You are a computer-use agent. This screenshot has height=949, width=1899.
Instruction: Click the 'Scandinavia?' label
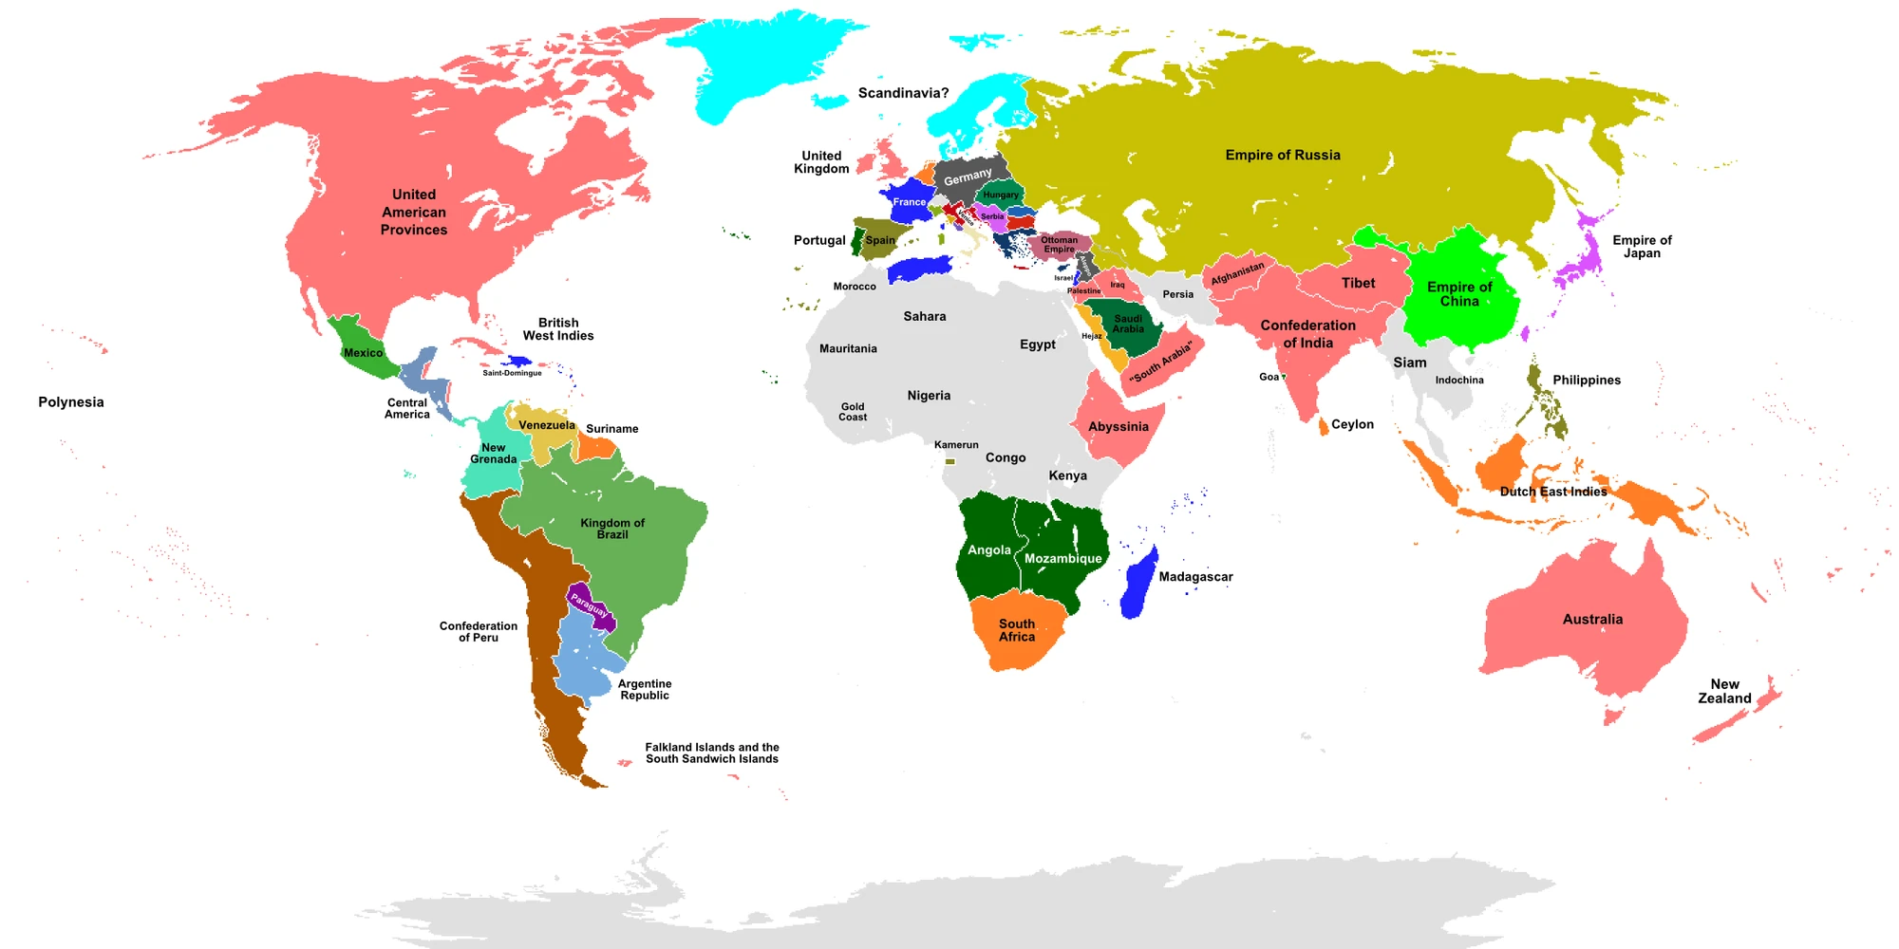(903, 93)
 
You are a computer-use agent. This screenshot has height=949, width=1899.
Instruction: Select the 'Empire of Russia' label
(1282, 155)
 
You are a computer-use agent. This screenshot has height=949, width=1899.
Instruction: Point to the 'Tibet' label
(1358, 283)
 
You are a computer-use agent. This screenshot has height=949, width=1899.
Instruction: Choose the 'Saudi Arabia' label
(1128, 324)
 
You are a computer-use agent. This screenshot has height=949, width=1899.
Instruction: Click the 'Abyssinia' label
(1118, 426)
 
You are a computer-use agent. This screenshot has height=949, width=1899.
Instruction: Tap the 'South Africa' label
(1016, 630)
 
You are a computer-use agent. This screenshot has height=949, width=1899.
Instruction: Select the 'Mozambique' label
(1062, 558)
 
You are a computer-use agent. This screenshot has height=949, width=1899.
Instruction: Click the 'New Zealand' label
(1724, 691)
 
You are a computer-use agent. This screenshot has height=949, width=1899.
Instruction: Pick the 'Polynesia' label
(71, 401)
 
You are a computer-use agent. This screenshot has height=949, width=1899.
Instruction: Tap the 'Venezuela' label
(547, 425)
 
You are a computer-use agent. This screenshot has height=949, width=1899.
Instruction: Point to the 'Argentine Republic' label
(645, 689)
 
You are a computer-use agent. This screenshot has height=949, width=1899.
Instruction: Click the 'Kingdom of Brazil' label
(612, 529)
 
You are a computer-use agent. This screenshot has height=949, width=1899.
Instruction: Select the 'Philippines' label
(1586, 380)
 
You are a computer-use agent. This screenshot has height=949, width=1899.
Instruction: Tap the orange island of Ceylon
(1324, 427)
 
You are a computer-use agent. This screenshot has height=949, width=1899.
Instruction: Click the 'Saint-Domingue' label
(512, 373)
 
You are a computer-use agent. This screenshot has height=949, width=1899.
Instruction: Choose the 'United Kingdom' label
(821, 162)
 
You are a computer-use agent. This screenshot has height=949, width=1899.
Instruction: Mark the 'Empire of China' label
(1458, 294)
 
